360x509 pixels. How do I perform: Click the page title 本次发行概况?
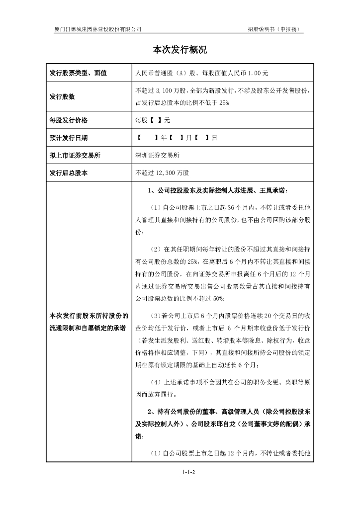click(x=180, y=50)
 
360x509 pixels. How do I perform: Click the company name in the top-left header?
click(x=97, y=29)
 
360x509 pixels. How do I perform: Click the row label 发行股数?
click(x=62, y=97)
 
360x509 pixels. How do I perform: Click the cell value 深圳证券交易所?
click(x=158, y=156)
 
